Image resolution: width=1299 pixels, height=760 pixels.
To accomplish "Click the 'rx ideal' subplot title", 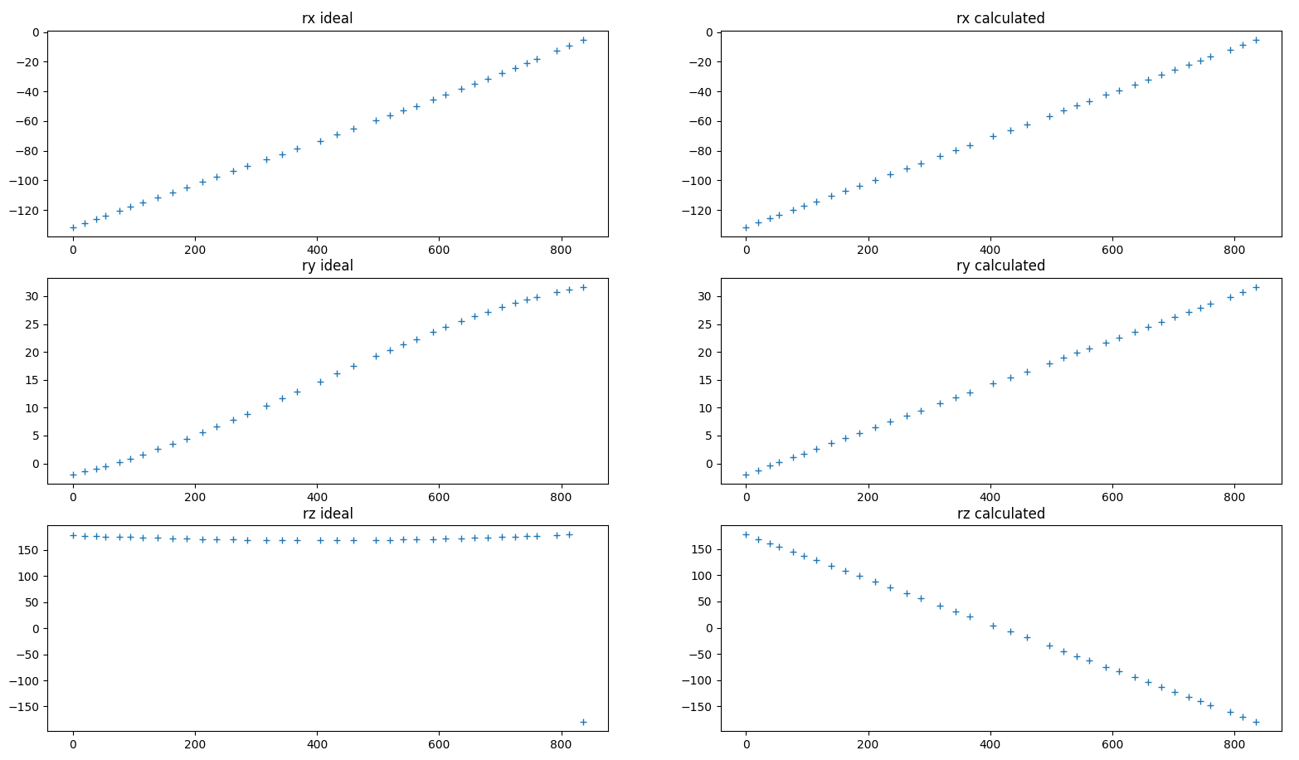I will click(x=327, y=18).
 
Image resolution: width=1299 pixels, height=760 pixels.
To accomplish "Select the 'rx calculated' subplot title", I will click(x=1000, y=18).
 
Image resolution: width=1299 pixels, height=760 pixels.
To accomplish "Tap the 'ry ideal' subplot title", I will click(x=327, y=266).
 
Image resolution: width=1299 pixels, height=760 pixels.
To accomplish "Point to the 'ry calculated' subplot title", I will click(x=1000, y=266).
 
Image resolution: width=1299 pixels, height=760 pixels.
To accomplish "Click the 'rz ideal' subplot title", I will click(x=327, y=514).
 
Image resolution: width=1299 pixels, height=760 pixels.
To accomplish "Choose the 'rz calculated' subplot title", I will click(x=1000, y=514).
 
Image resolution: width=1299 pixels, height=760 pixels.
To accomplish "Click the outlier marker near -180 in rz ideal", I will click(x=583, y=722).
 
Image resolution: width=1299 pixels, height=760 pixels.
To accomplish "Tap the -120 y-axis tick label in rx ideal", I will click(x=27, y=211).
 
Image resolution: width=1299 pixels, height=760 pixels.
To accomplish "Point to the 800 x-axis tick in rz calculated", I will click(x=1234, y=744).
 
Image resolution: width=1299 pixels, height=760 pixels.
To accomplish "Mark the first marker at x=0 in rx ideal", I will click(x=73, y=227).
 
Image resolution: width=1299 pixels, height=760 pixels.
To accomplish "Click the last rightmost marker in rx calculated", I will click(x=1256, y=40).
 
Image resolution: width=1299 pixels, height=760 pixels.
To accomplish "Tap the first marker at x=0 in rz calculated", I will click(x=746, y=534).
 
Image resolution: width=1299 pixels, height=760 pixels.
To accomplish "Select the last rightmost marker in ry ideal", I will click(x=583, y=287).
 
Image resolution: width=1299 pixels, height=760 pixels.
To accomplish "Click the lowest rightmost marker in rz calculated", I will click(x=1256, y=722).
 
